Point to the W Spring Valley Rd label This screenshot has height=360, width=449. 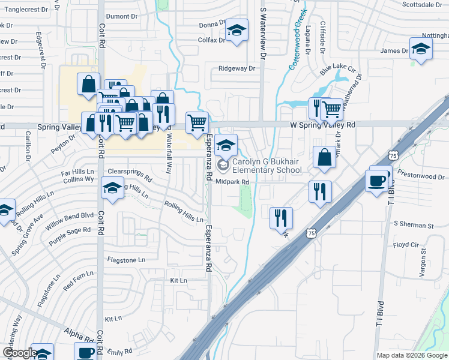pos(323,124)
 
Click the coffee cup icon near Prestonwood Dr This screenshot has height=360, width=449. pos(378,181)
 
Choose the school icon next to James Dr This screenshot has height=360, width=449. pos(420,49)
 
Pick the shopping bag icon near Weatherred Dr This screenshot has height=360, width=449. pos(324,157)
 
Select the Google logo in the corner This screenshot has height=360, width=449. pos(20,353)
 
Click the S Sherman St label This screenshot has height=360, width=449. pos(413,225)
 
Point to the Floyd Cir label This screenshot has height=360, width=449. pos(405,245)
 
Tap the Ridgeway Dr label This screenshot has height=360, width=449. pos(237,68)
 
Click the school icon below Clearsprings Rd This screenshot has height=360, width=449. pos(112,188)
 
